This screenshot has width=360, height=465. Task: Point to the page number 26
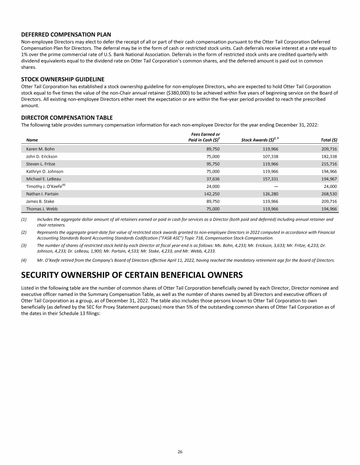[180, 451]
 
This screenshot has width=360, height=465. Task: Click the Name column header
[32, 140]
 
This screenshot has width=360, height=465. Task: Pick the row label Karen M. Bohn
[40, 149]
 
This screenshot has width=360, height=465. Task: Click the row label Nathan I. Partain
[42, 200]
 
